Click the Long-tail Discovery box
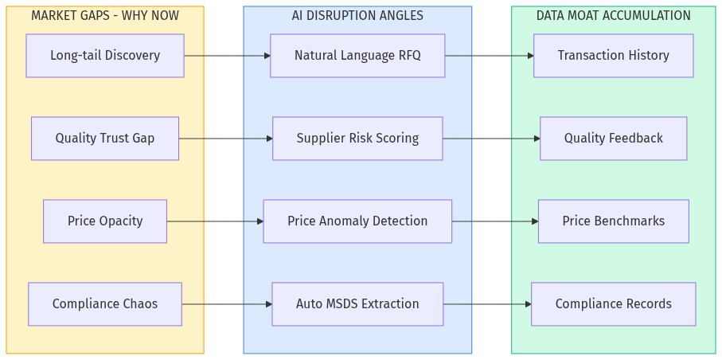105,56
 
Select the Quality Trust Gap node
105,139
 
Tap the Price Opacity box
105,221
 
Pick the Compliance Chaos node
105,304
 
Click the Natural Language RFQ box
357,56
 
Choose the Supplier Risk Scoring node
357,139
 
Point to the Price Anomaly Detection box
357,221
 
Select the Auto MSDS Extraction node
357,304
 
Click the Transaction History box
613,56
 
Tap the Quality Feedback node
613,139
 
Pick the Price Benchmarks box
613,221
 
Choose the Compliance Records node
613,304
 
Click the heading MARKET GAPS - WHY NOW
105,16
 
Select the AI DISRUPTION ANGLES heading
357,16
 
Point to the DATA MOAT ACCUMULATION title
613,16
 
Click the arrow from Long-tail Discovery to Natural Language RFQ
227,56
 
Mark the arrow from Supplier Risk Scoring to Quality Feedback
491,139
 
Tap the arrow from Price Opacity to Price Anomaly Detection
215,221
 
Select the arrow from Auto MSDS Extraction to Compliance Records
487,304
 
